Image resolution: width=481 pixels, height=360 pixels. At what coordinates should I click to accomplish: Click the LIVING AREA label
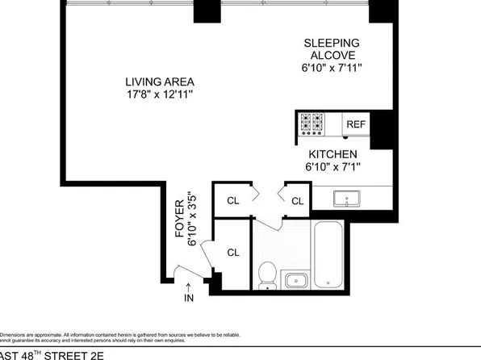point(159,82)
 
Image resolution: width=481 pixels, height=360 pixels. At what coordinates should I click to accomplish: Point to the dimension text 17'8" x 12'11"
point(159,94)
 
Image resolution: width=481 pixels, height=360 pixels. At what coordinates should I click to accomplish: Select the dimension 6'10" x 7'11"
point(331,69)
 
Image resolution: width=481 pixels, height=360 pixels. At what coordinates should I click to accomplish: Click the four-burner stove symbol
point(312,123)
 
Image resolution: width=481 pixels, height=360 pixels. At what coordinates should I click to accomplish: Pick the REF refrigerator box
point(355,124)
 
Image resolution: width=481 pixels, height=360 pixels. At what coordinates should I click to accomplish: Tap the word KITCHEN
point(333,153)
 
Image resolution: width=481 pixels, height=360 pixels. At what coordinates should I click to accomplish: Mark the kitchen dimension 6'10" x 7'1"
point(333,167)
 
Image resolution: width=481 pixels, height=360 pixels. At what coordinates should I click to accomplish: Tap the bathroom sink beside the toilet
point(296,281)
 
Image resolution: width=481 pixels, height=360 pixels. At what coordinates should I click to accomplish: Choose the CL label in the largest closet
point(233,253)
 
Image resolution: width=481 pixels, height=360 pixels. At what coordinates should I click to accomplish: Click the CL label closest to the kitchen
point(297,201)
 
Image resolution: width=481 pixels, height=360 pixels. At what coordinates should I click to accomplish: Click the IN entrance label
point(189,299)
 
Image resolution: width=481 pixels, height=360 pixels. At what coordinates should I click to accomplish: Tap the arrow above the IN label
point(189,285)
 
